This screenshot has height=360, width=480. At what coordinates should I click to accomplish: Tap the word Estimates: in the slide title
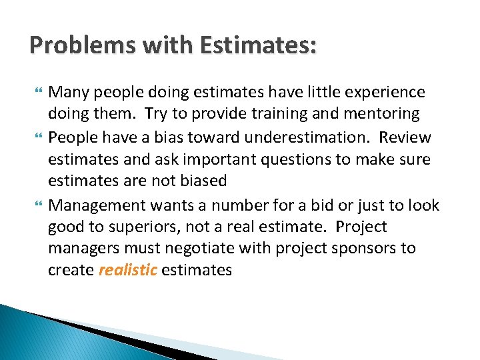[255, 45]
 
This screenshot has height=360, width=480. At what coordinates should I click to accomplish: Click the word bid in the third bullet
[317, 204]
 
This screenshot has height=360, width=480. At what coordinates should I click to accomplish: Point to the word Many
[67, 91]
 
